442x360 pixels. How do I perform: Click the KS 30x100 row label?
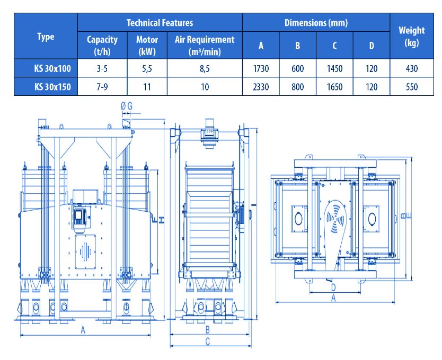point(52,68)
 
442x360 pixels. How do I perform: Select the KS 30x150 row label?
point(52,87)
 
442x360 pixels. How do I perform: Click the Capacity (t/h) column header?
point(102,46)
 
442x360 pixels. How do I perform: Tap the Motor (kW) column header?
point(147,46)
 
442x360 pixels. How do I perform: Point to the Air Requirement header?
point(205,46)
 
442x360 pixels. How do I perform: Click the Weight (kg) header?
point(412,37)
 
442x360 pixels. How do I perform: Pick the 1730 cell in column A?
point(261,68)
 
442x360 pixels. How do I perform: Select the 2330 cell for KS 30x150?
point(261,87)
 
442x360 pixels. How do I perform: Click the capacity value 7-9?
point(102,87)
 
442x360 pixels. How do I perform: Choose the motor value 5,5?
point(147,68)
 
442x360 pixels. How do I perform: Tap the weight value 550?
point(412,87)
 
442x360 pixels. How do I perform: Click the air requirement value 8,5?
point(205,68)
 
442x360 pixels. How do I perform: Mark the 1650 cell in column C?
point(334,87)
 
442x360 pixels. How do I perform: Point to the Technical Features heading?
point(160,23)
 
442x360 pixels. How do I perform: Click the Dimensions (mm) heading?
point(316,23)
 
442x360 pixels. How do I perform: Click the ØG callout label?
point(127,106)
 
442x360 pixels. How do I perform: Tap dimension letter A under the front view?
point(83,330)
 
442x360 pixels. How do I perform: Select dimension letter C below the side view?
point(208,341)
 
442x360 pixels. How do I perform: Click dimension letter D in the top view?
point(333,287)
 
